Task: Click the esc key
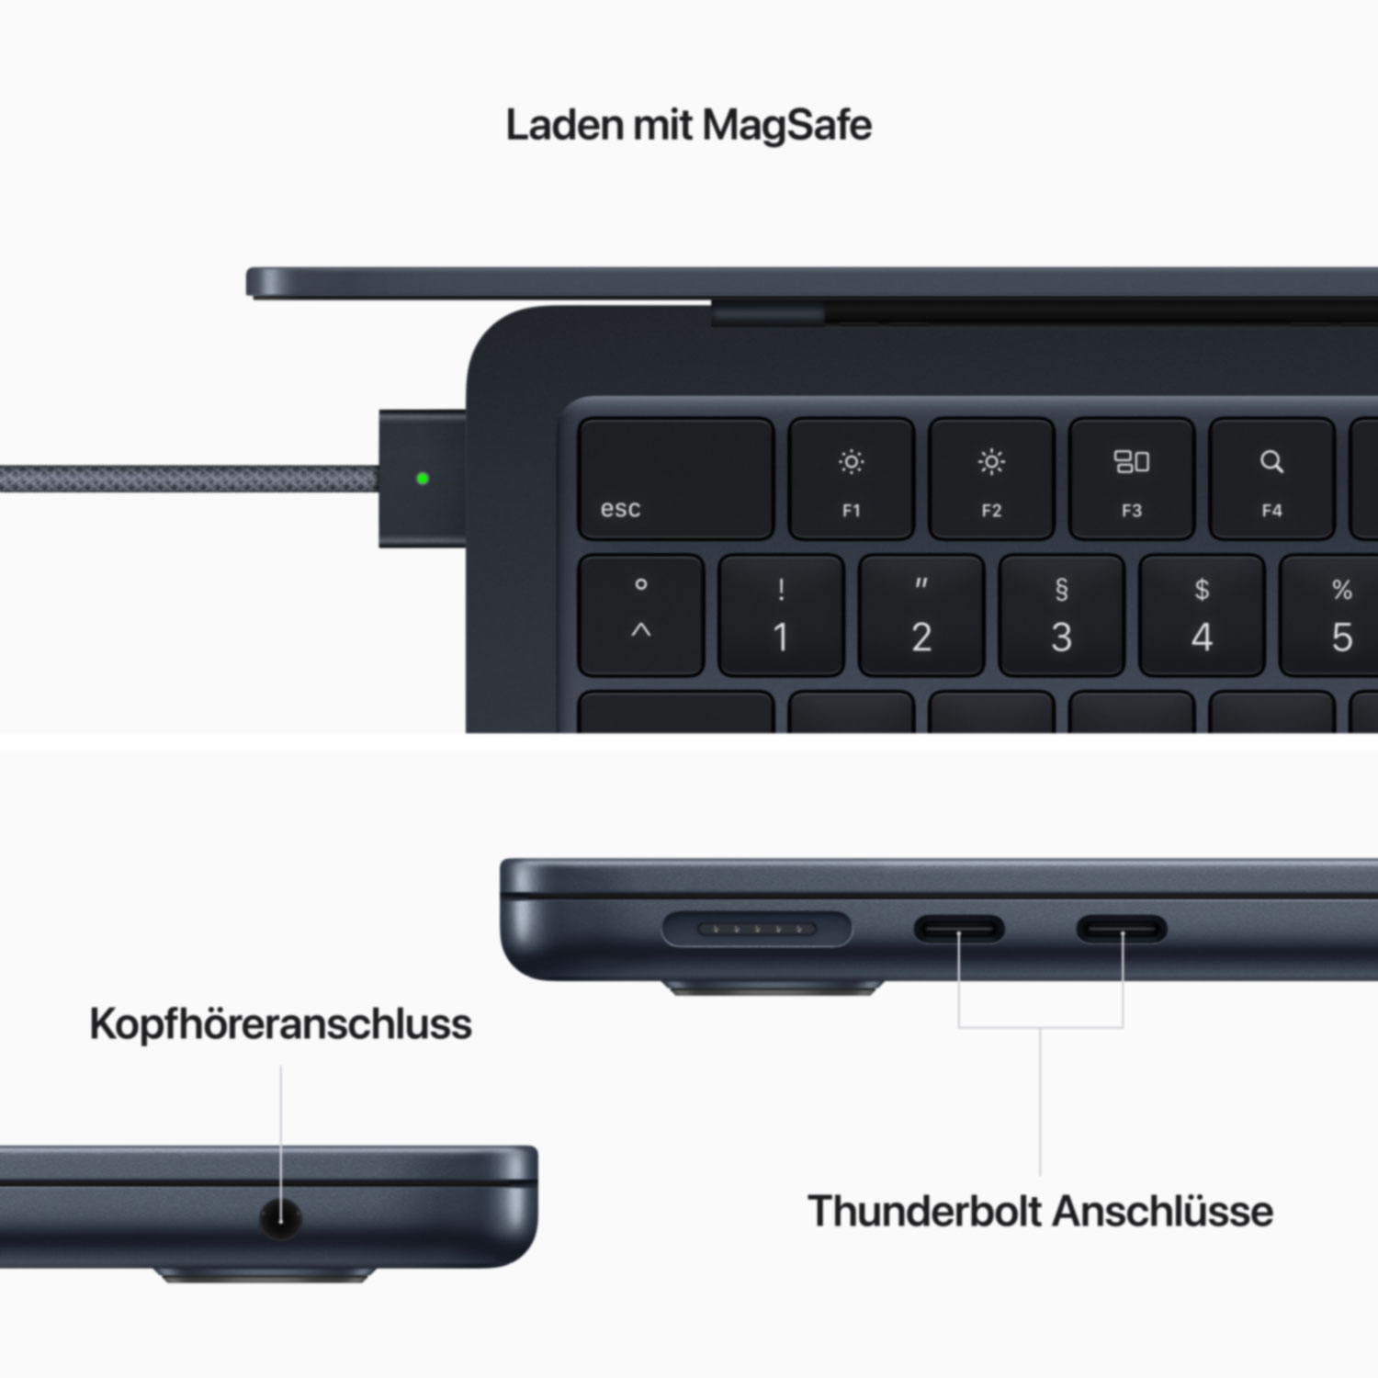click(676, 479)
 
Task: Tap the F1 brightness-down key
click(852, 479)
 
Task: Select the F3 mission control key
click(1132, 479)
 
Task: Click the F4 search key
click(1271, 479)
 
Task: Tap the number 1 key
click(781, 616)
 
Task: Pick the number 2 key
click(921, 616)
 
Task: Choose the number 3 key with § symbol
click(1061, 616)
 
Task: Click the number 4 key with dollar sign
click(1202, 616)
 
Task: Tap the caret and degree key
click(641, 616)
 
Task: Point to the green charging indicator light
click(423, 479)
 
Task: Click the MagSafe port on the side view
click(757, 929)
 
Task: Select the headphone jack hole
click(281, 1218)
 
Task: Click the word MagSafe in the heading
click(786, 126)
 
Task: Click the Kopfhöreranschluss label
click(281, 1023)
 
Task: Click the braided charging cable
click(189, 479)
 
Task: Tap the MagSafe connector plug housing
click(423, 479)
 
